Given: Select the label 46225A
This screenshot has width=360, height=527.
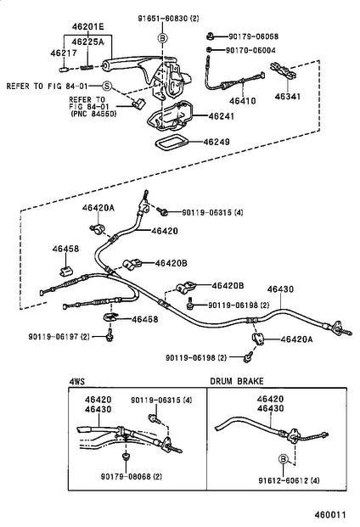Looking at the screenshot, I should pyautogui.click(x=87, y=41).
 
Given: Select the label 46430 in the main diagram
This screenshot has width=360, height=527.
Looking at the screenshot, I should pyautogui.click(x=280, y=289).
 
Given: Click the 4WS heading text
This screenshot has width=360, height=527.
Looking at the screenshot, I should pyautogui.click(x=77, y=382).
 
